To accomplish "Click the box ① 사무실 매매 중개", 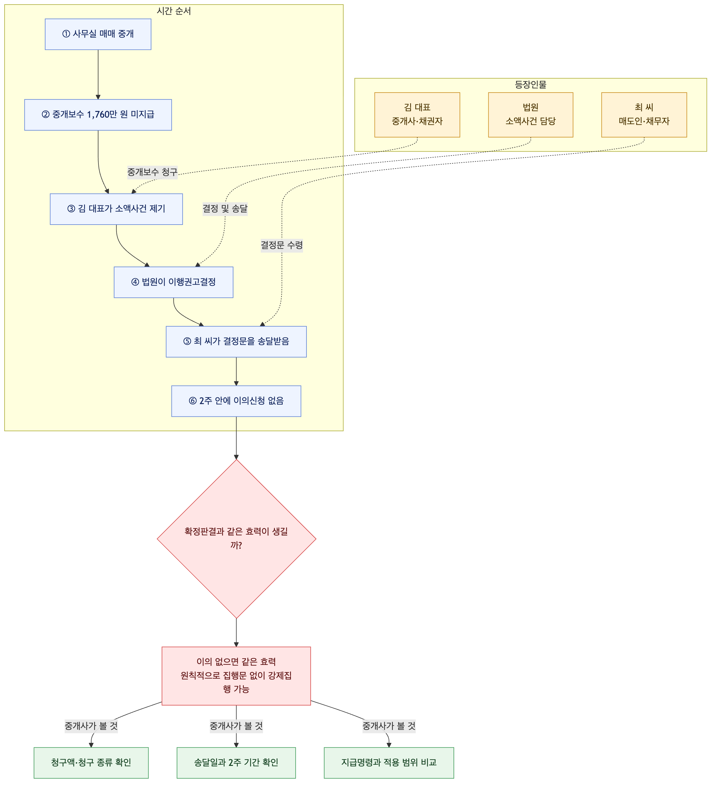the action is [x=98, y=34].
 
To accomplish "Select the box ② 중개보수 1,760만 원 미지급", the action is [x=98, y=114].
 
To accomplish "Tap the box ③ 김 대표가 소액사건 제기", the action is [x=116, y=209].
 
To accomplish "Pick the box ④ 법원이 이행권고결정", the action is [x=173, y=282].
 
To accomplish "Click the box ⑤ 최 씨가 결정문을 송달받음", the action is [x=236, y=342].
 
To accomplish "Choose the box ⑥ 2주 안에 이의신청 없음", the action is [x=236, y=401].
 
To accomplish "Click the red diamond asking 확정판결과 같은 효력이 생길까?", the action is [x=236, y=539].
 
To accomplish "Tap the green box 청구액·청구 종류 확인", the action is [x=91, y=763].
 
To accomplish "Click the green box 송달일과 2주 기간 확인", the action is [x=236, y=763].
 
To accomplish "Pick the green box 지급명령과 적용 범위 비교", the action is [x=389, y=763].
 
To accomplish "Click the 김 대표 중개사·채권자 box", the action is [x=417, y=115].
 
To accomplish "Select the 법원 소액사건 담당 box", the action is [x=531, y=115].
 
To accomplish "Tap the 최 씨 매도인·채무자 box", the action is [x=644, y=115].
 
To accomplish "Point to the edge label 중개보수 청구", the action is [x=153, y=172].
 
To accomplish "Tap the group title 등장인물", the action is [x=531, y=85].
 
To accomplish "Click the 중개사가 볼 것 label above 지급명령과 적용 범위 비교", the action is [x=389, y=726].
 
